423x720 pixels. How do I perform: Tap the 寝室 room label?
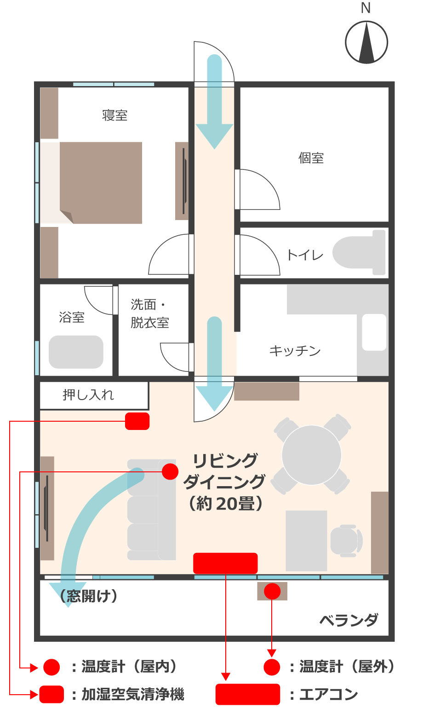click(x=114, y=116)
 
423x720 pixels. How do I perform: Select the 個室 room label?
click(x=311, y=158)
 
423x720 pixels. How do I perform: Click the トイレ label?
click(x=305, y=255)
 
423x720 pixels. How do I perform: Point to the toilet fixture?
click(x=359, y=252)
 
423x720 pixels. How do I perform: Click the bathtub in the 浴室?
click(x=76, y=352)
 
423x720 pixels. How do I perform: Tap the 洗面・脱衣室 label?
click(x=149, y=314)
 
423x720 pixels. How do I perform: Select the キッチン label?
click(x=295, y=350)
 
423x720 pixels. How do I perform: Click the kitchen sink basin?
click(x=374, y=332)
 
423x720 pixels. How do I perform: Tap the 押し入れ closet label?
click(x=88, y=395)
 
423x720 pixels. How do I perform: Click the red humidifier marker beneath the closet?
click(x=137, y=421)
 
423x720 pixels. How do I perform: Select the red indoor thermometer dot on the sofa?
click(x=170, y=472)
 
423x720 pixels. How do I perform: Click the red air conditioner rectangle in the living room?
click(x=225, y=563)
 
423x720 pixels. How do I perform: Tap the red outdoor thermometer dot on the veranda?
click(x=272, y=591)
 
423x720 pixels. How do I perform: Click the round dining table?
click(x=311, y=455)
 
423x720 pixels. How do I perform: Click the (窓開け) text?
click(x=89, y=596)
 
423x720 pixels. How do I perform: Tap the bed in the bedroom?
click(x=101, y=183)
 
